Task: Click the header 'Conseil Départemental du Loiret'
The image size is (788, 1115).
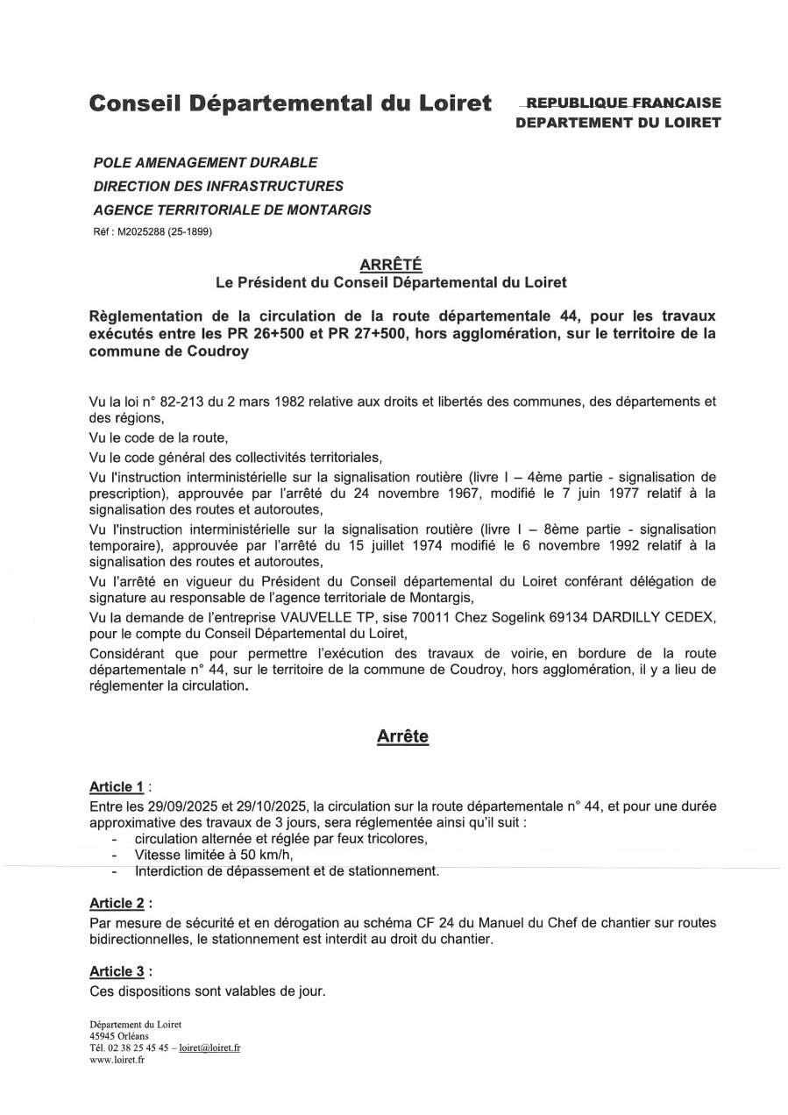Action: pos(290,104)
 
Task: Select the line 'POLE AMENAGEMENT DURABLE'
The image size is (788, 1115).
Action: pos(205,162)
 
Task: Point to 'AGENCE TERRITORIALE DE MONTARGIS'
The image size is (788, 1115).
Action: pos(231,210)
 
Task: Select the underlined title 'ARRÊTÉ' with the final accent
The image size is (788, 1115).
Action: pos(390,264)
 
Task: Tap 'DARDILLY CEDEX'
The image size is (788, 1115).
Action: pos(652,618)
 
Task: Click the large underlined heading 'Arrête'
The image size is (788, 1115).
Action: pos(402,736)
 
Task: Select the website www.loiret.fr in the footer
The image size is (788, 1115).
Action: pos(117,1059)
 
